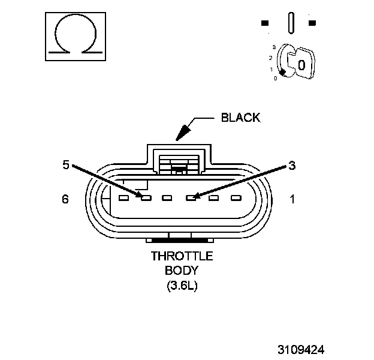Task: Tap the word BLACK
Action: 241,118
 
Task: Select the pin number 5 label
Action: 67,164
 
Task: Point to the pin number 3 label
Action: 292,165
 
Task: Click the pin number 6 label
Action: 65,199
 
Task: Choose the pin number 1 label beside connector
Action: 292,199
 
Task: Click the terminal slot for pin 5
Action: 146,197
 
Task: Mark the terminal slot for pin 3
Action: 191,197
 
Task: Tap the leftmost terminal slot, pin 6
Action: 123,197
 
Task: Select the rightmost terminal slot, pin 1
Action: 236,197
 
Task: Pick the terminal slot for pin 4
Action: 168,197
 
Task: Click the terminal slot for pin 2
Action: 213,197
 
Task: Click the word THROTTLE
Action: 182,256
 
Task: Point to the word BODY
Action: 182,271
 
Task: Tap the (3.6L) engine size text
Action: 182,286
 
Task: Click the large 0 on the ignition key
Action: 301,64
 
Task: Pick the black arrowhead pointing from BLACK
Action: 182,131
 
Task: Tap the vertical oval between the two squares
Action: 291,23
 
